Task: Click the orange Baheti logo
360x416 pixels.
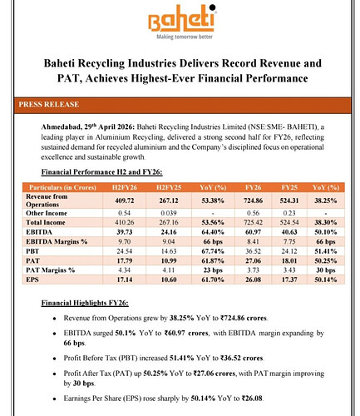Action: [x=182, y=18]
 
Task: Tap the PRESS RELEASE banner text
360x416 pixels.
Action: [x=49, y=105]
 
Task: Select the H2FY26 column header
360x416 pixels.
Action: [x=125, y=187]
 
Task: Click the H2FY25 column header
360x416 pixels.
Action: [x=169, y=187]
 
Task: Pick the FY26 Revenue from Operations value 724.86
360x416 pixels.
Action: [x=254, y=201]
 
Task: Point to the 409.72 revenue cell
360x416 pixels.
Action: [x=125, y=201]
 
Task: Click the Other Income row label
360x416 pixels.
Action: [x=47, y=213]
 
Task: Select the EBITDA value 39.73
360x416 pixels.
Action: [x=125, y=232]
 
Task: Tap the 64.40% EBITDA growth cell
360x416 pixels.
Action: [x=213, y=232]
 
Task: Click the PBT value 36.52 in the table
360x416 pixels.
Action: [x=254, y=251]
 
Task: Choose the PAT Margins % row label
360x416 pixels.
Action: [x=51, y=270]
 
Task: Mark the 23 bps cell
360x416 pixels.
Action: [x=213, y=270]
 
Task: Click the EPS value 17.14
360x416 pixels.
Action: [x=125, y=280]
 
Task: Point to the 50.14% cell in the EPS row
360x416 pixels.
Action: [x=326, y=280]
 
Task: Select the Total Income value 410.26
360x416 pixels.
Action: [x=125, y=222]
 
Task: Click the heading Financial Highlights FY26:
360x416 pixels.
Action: [x=85, y=303]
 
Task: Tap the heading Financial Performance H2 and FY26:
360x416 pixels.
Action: [x=101, y=172]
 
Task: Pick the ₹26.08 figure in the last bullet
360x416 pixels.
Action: [x=252, y=399]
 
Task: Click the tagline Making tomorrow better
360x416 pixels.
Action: [x=185, y=37]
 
